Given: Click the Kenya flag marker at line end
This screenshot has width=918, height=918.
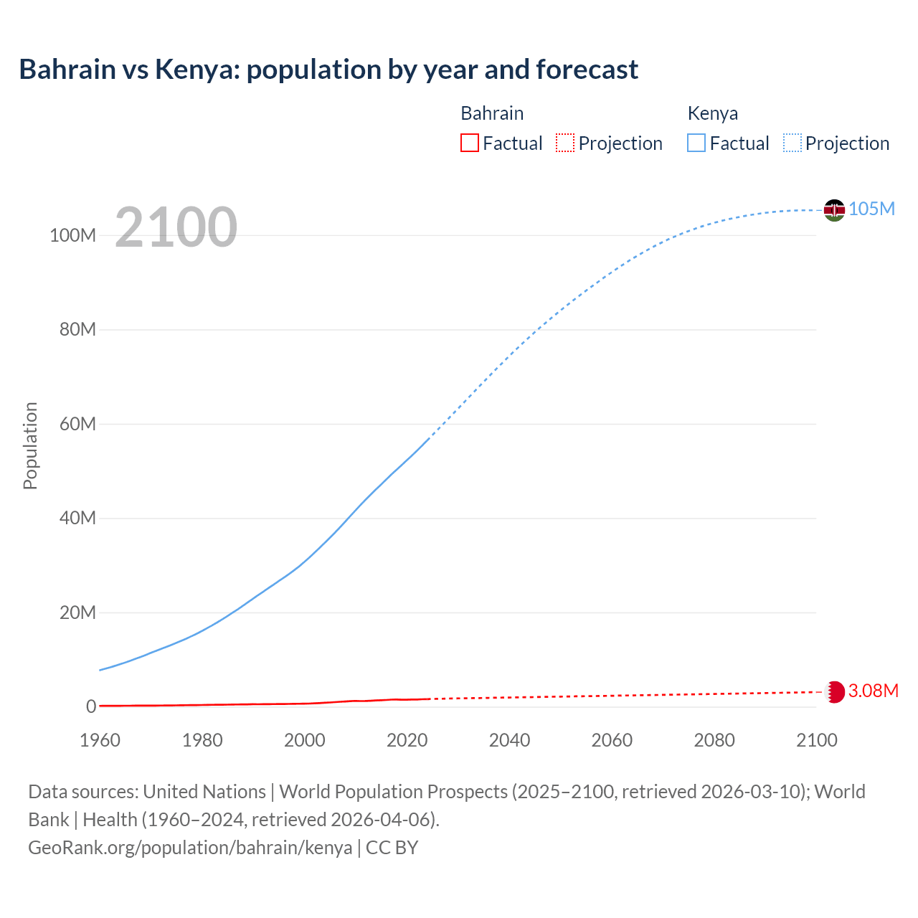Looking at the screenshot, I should pos(834,210).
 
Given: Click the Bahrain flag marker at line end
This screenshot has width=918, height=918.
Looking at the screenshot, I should pos(834,692).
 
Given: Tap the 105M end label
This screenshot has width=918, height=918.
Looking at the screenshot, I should pos(871,209).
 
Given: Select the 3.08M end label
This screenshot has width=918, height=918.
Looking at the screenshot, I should pos(873,691).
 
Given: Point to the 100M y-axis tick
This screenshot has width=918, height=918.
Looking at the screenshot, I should pos(72,235).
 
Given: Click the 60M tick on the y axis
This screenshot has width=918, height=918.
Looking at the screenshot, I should pos(77,424).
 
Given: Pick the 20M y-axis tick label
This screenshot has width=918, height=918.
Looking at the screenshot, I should pos(77,612).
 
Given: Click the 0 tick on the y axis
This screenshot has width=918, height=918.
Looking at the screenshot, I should pos(90,706).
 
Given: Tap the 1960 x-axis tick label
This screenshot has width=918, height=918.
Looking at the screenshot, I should pos(100,740).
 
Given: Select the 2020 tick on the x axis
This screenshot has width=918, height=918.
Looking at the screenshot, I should pos(407,740).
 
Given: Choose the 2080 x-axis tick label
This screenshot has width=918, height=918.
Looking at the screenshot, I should pos(714,740).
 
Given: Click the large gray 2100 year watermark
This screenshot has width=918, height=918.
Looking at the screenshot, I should pos(176,227).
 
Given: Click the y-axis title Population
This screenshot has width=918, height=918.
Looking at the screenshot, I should pos(30,445).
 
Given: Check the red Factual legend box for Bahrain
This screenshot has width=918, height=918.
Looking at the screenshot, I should pos(469,143).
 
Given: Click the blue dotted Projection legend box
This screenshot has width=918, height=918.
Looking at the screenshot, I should pos(792,143).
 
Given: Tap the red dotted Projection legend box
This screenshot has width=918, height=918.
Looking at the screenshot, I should pos(565,143).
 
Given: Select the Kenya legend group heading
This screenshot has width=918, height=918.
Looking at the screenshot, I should pos(712,113).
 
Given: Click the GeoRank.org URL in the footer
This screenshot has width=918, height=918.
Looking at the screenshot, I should pos(190,848).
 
